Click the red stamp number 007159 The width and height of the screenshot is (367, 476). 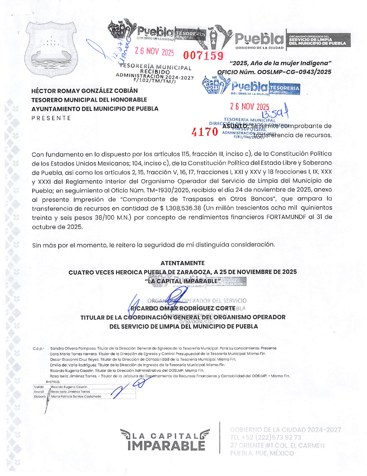(x=203, y=55)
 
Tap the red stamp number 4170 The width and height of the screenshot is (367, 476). (x=205, y=132)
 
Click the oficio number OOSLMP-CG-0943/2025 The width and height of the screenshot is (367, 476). (x=294, y=72)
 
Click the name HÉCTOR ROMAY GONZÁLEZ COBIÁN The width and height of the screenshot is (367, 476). (x=84, y=91)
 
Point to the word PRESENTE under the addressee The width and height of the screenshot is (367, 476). (x=51, y=118)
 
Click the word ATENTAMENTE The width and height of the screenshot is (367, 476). (x=182, y=263)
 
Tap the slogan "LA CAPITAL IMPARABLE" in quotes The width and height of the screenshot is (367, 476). (x=182, y=281)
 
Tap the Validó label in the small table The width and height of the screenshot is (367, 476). (x=39, y=387)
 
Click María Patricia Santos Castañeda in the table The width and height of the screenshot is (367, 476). (x=76, y=396)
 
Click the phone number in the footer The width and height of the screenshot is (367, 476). (x=266, y=437)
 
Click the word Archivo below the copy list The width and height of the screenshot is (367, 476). (x=53, y=382)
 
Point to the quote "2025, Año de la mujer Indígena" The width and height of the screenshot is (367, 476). (x=280, y=63)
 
